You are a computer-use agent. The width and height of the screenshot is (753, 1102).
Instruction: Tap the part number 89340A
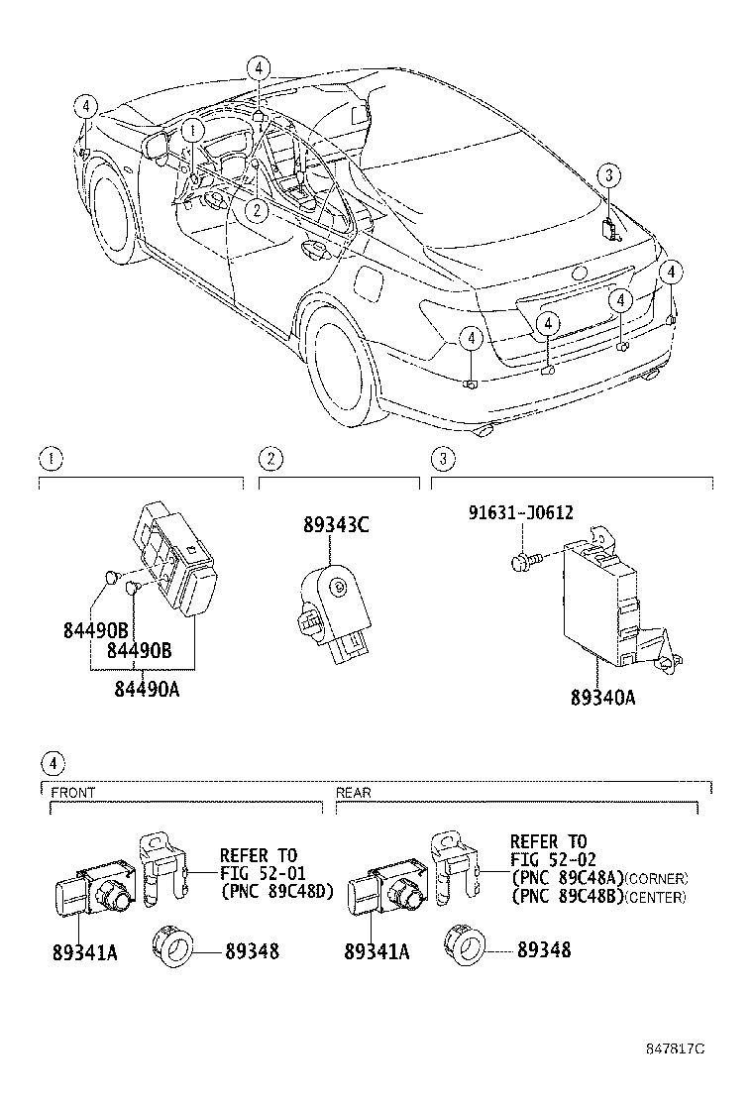(x=601, y=698)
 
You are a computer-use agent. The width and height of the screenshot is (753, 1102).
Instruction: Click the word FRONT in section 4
(x=73, y=793)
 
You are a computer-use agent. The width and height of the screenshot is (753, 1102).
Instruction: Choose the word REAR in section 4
(x=354, y=793)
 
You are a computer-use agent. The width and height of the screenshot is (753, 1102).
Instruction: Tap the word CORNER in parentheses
(x=656, y=879)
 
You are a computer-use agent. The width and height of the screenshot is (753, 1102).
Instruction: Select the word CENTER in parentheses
(x=656, y=898)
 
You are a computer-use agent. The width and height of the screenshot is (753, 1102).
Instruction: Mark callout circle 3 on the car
(x=610, y=176)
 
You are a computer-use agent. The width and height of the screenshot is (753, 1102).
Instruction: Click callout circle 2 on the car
(x=257, y=209)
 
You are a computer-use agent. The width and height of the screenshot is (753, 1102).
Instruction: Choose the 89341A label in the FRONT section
(x=84, y=952)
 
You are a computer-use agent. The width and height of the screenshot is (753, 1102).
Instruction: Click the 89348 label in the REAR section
(x=543, y=950)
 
